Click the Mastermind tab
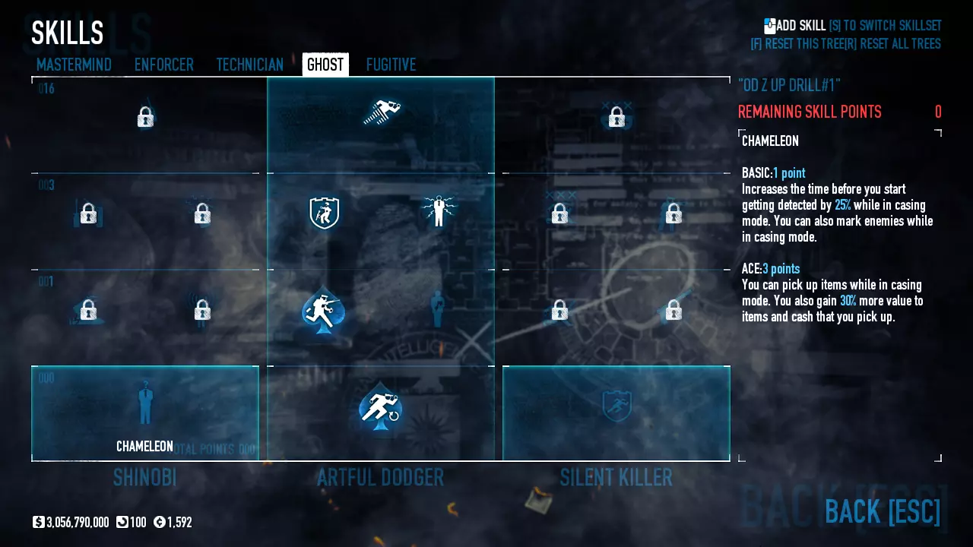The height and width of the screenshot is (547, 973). pos(74,65)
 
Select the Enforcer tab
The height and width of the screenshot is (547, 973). pos(163,65)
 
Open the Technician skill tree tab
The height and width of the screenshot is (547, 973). pos(249,65)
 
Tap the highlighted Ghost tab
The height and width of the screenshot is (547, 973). pos(325,65)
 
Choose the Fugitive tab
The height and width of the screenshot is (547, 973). pos(391,65)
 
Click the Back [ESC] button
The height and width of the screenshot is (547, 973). pos(882,511)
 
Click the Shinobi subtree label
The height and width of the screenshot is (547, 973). pos(144,478)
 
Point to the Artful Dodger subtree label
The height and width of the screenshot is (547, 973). pos(380,478)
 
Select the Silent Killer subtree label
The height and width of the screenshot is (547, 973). pos(616,478)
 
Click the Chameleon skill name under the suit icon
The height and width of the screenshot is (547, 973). pos(144,447)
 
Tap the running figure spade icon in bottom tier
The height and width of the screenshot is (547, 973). pos(380,408)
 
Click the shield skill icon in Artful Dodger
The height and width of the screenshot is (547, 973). pos(324,213)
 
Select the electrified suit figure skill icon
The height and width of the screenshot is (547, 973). pos(438,211)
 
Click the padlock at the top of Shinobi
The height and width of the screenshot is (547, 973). pos(145,117)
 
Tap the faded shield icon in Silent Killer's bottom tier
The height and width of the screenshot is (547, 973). pos(616,406)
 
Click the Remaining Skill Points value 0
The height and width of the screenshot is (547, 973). pos(938,112)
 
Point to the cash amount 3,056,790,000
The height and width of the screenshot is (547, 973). pos(78,523)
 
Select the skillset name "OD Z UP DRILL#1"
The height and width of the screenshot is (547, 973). pos(789,85)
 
